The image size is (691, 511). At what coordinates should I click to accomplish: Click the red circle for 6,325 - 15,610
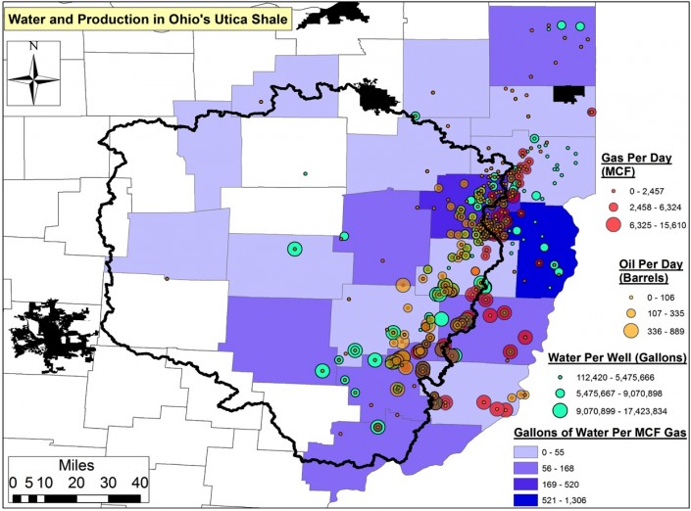tap(616, 224)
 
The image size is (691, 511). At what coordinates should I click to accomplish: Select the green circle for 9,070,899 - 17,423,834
tap(559, 410)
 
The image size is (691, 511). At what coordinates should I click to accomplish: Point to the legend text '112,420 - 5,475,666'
tap(627, 374)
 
